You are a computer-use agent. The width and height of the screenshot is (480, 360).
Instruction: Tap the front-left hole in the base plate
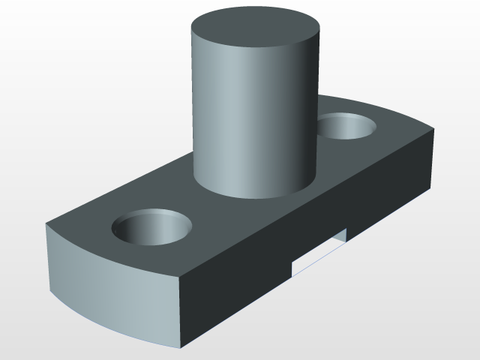152,227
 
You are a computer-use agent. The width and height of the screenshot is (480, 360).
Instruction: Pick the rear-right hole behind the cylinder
347,126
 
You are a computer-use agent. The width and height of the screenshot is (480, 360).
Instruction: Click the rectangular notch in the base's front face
319,251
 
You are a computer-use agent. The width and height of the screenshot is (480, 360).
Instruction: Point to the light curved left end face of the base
112,289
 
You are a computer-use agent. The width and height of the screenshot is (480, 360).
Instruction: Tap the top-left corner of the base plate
46,224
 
